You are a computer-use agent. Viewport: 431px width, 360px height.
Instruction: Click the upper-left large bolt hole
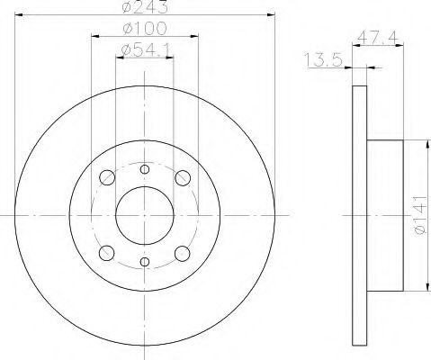point(107,177)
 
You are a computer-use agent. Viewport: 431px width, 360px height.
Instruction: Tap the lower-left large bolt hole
point(107,253)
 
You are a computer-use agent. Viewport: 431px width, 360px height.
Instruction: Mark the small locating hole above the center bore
point(145,168)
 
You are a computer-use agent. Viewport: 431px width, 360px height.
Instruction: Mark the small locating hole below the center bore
point(145,263)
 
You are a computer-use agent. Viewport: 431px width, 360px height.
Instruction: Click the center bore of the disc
point(145,215)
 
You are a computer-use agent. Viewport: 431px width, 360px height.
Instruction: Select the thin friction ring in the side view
point(359,216)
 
